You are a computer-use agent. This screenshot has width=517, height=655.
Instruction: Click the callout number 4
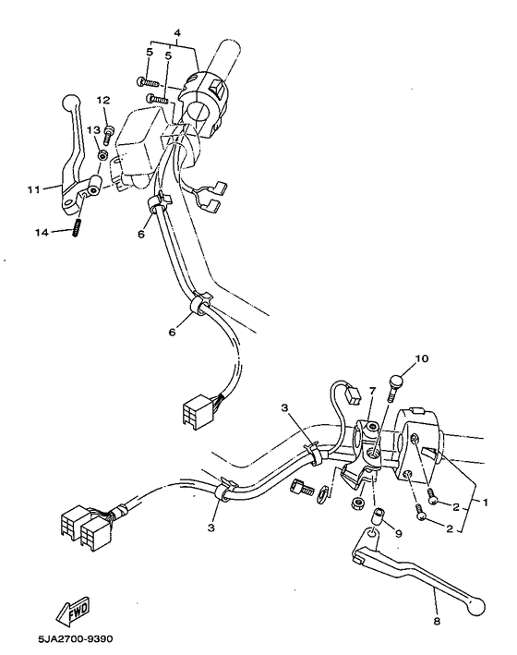(176, 34)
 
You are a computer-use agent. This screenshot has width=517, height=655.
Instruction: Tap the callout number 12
(102, 99)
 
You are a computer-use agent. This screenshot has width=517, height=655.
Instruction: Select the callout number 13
(93, 130)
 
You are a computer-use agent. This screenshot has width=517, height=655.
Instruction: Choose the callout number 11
(33, 189)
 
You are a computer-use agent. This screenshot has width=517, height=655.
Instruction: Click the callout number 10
(422, 358)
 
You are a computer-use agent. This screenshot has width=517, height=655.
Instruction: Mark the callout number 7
(372, 393)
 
